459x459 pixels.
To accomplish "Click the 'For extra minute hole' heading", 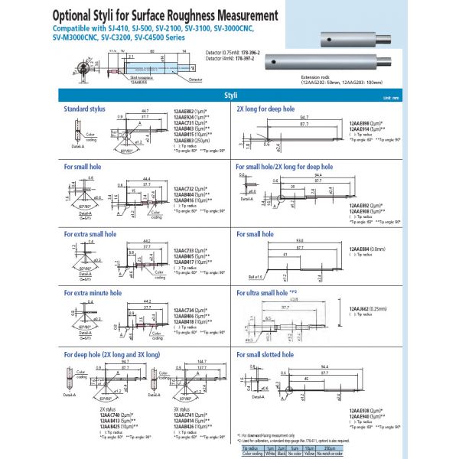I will pos(90,291).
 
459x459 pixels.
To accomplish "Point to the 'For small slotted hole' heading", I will pos(265,355).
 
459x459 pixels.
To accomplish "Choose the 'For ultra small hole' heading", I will pos(264,292).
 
